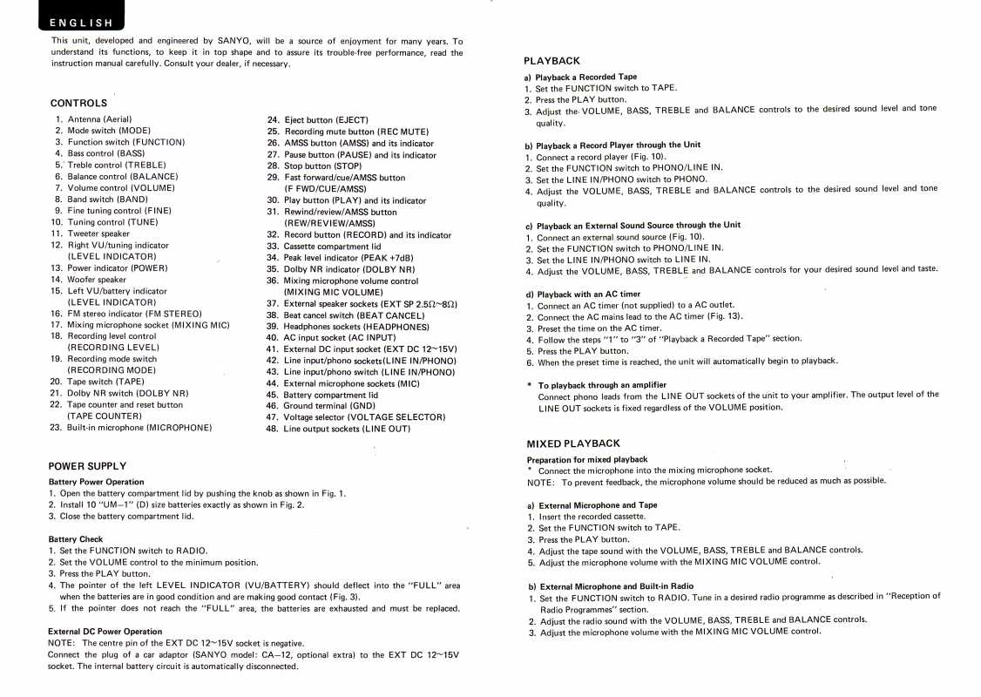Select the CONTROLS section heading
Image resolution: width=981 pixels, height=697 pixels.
click(x=78, y=103)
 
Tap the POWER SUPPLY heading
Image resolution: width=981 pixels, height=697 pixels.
click(x=87, y=466)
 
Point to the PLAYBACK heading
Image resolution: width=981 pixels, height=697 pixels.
click(x=551, y=61)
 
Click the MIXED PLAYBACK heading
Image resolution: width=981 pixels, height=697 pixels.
click(x=573, y=443)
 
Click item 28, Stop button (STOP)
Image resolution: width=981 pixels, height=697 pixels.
click(x=321, y=166)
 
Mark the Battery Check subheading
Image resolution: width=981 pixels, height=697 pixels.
click(x=76, y=539)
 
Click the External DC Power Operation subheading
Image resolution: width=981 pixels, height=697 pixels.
click(x=105, y=631)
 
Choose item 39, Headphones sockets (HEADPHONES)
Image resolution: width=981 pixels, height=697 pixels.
click(x=347, y=326)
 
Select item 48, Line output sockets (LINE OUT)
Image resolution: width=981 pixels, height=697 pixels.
click(x=346, y=429)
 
